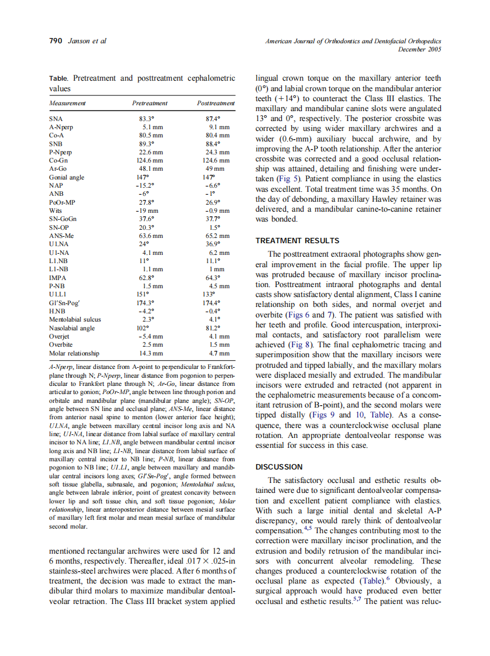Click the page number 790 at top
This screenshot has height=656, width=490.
(x=56, y=42)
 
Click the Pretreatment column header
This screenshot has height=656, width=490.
(x=150, y=103)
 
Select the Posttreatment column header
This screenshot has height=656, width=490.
(x=216, y=103)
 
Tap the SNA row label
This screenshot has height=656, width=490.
(x=56, y=118)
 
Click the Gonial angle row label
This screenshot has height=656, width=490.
(x=66, y=176)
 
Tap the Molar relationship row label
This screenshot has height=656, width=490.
(x=74, y=354)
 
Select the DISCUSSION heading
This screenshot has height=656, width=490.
(x=279, y=467)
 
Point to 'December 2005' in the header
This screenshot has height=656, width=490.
(x=419, y=50)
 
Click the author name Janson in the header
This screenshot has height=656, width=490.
(x=79, y=42)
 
